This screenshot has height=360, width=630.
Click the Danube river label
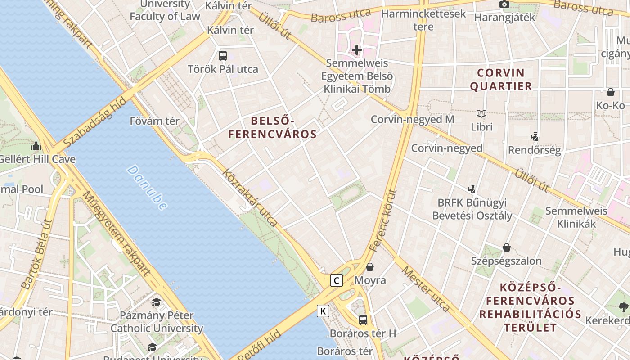click(147, 188)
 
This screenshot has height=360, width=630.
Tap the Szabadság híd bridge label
click(95, 122)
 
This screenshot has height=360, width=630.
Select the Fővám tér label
click(154, 121)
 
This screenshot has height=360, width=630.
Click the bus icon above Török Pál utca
click(223, 56)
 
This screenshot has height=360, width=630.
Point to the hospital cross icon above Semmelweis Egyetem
click(357, 49)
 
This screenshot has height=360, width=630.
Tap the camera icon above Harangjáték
click(504, 4)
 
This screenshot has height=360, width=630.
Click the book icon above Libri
click(481, 113)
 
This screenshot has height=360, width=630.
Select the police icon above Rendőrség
click(535, 136)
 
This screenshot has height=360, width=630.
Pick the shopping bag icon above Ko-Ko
click(611, 92)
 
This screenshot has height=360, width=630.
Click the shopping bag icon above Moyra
click(370, 267)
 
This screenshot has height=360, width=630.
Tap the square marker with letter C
click(336, 280)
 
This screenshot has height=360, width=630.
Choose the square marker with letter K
click(323, 310)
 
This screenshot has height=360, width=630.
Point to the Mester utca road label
click(425, 288)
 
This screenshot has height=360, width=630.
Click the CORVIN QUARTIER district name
click(501, 79)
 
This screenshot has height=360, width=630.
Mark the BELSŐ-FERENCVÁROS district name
click(273, 127)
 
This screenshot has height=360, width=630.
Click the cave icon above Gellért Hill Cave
click(36, 146)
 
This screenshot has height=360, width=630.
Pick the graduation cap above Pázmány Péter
click(156, 302)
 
